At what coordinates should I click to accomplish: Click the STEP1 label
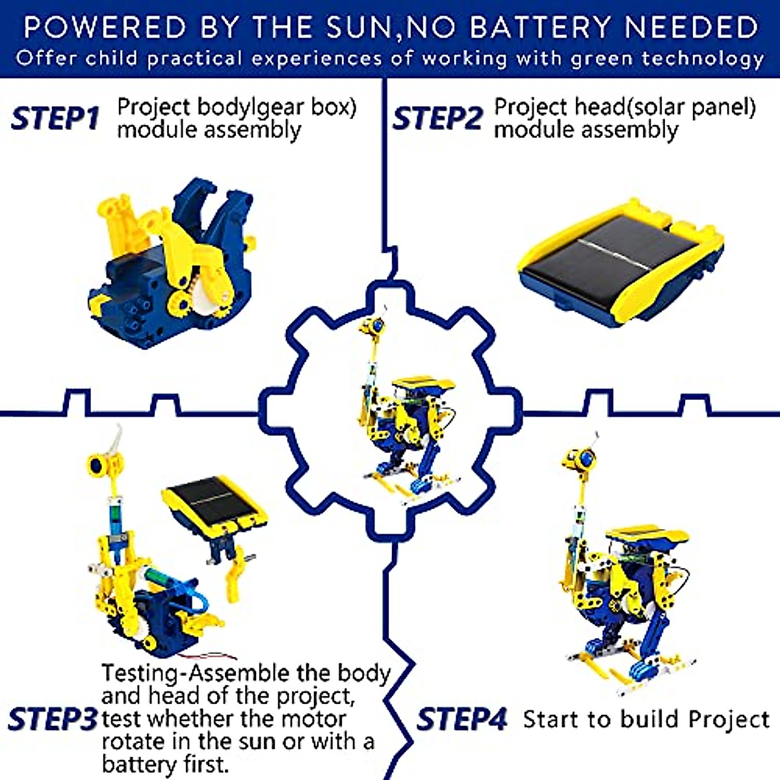55,118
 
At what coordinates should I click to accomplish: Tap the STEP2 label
437,118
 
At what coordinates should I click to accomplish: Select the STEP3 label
52,719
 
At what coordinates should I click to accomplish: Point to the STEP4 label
461,719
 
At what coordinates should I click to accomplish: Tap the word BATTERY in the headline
541,27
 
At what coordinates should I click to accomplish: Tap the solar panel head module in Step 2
621,263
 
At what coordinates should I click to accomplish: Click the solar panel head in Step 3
214,504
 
